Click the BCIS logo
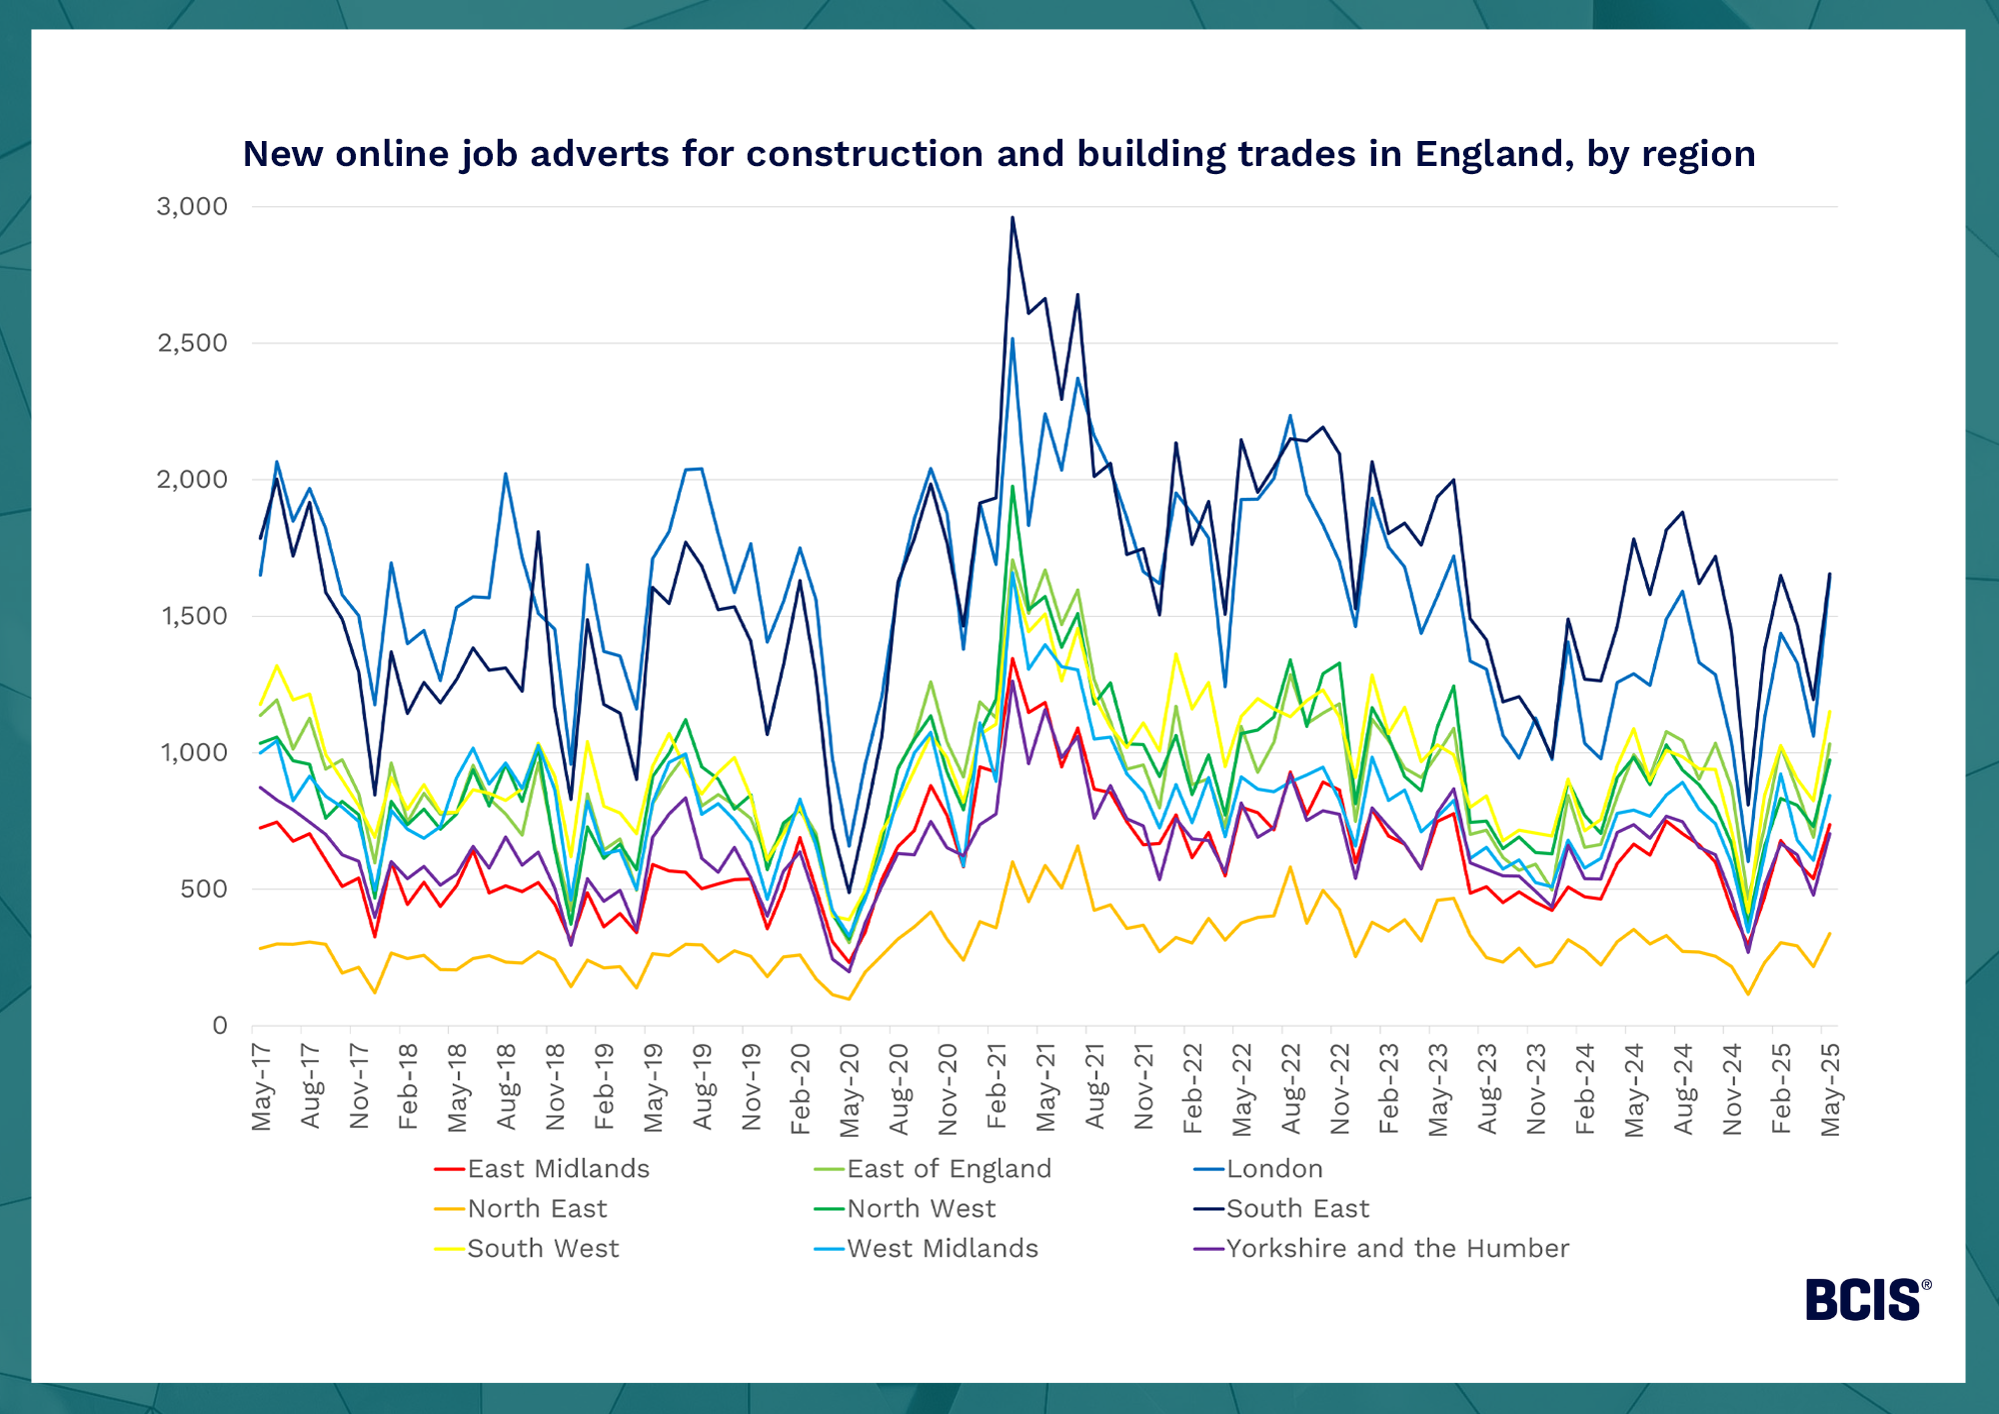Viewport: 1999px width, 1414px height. [x=1867, y=1300]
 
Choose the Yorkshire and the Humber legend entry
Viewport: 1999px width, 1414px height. [x=1397, y=1249]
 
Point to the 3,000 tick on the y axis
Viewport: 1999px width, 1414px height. [x=192, y=207]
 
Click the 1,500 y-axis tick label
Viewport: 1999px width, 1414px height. [x=194, y=616]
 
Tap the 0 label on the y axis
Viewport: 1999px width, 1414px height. [x=220, y=1026]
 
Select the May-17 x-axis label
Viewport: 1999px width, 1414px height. [x=262, y=1087]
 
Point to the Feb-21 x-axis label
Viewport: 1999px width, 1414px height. [x=997, y=1087]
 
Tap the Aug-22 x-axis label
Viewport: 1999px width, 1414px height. [x=1291, y=1089]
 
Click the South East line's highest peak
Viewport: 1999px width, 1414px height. [x=1012, y=218]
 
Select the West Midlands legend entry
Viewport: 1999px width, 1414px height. [x=942, y=1249]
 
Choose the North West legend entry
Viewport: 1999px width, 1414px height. [x=921, y=1209]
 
